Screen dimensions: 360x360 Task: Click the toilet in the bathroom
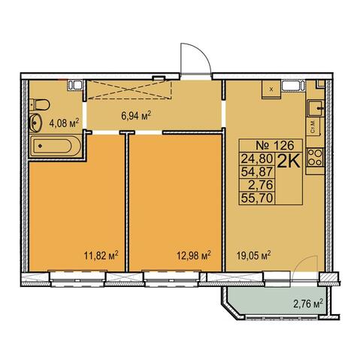point(39,104)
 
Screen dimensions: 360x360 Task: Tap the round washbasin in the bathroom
point(35,123)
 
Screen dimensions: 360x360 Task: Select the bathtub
point(55,147)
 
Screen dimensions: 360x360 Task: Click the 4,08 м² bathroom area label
point(64,123)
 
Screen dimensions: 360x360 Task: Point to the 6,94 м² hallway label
point(136,116)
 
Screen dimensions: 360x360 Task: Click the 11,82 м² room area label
point(101,256)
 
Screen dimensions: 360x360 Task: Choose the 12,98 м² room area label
point(194,256)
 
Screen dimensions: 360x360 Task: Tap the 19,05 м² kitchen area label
point(254,256)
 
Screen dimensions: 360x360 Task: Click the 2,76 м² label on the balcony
point(308,304)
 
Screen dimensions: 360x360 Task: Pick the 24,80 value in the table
point(256,159)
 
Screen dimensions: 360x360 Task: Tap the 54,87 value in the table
point(256,171)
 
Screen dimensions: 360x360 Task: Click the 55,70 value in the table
point(256,198)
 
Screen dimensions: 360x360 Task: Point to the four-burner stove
point(315,157)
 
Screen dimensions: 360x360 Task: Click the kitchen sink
point(316,108)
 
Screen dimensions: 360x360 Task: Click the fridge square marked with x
point(271,89)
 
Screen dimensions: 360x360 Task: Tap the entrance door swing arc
point(202,52)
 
